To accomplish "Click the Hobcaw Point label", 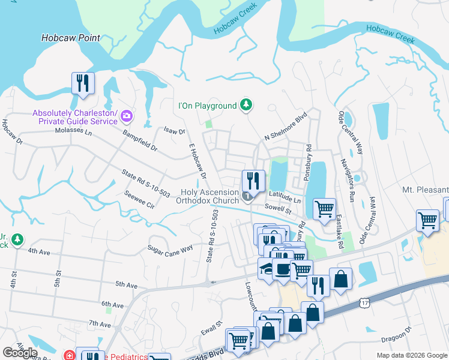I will coord(71,38).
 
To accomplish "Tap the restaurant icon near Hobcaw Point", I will coord(83,83).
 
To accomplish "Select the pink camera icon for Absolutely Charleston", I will coord(126,116).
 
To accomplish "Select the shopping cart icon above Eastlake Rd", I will coord(324,209).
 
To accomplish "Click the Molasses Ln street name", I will coord(73,130).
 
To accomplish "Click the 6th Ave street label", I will coord(112,304).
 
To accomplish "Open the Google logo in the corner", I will coord(20,353).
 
